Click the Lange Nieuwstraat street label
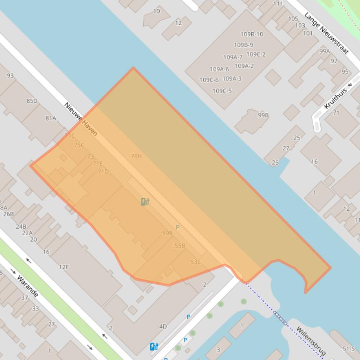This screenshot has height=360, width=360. point(326,33)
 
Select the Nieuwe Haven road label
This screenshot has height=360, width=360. point(81,119)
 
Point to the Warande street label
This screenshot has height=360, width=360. point(28,286)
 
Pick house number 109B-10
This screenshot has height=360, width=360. point(252,34)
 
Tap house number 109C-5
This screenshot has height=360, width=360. point(222,91)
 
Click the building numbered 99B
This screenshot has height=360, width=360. point(263,115)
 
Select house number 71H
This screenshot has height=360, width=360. point(136,156)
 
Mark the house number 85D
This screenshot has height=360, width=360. point(32,101)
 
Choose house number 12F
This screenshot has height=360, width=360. point(64,267)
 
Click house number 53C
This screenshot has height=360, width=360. point(196,262)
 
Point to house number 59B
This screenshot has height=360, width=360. point(167,233)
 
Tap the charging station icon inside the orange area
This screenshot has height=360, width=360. point(145,202)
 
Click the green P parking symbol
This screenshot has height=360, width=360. point(177,227)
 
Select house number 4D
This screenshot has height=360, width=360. point(163,326)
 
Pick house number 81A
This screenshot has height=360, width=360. point(51,118)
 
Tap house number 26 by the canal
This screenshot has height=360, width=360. point(275,163)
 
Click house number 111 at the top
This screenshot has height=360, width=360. point(278,4)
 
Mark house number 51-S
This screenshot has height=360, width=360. point(348,349)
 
